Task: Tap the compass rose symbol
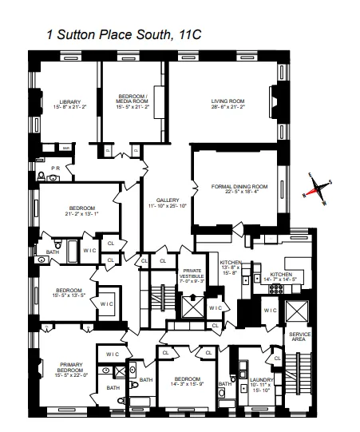[318, 191]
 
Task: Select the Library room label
[70, 101]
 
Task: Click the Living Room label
[227, 101]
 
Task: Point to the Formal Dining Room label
[239, 186]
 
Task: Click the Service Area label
[300, 337]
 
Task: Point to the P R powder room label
[56, 168]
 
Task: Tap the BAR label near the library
[67, 148]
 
